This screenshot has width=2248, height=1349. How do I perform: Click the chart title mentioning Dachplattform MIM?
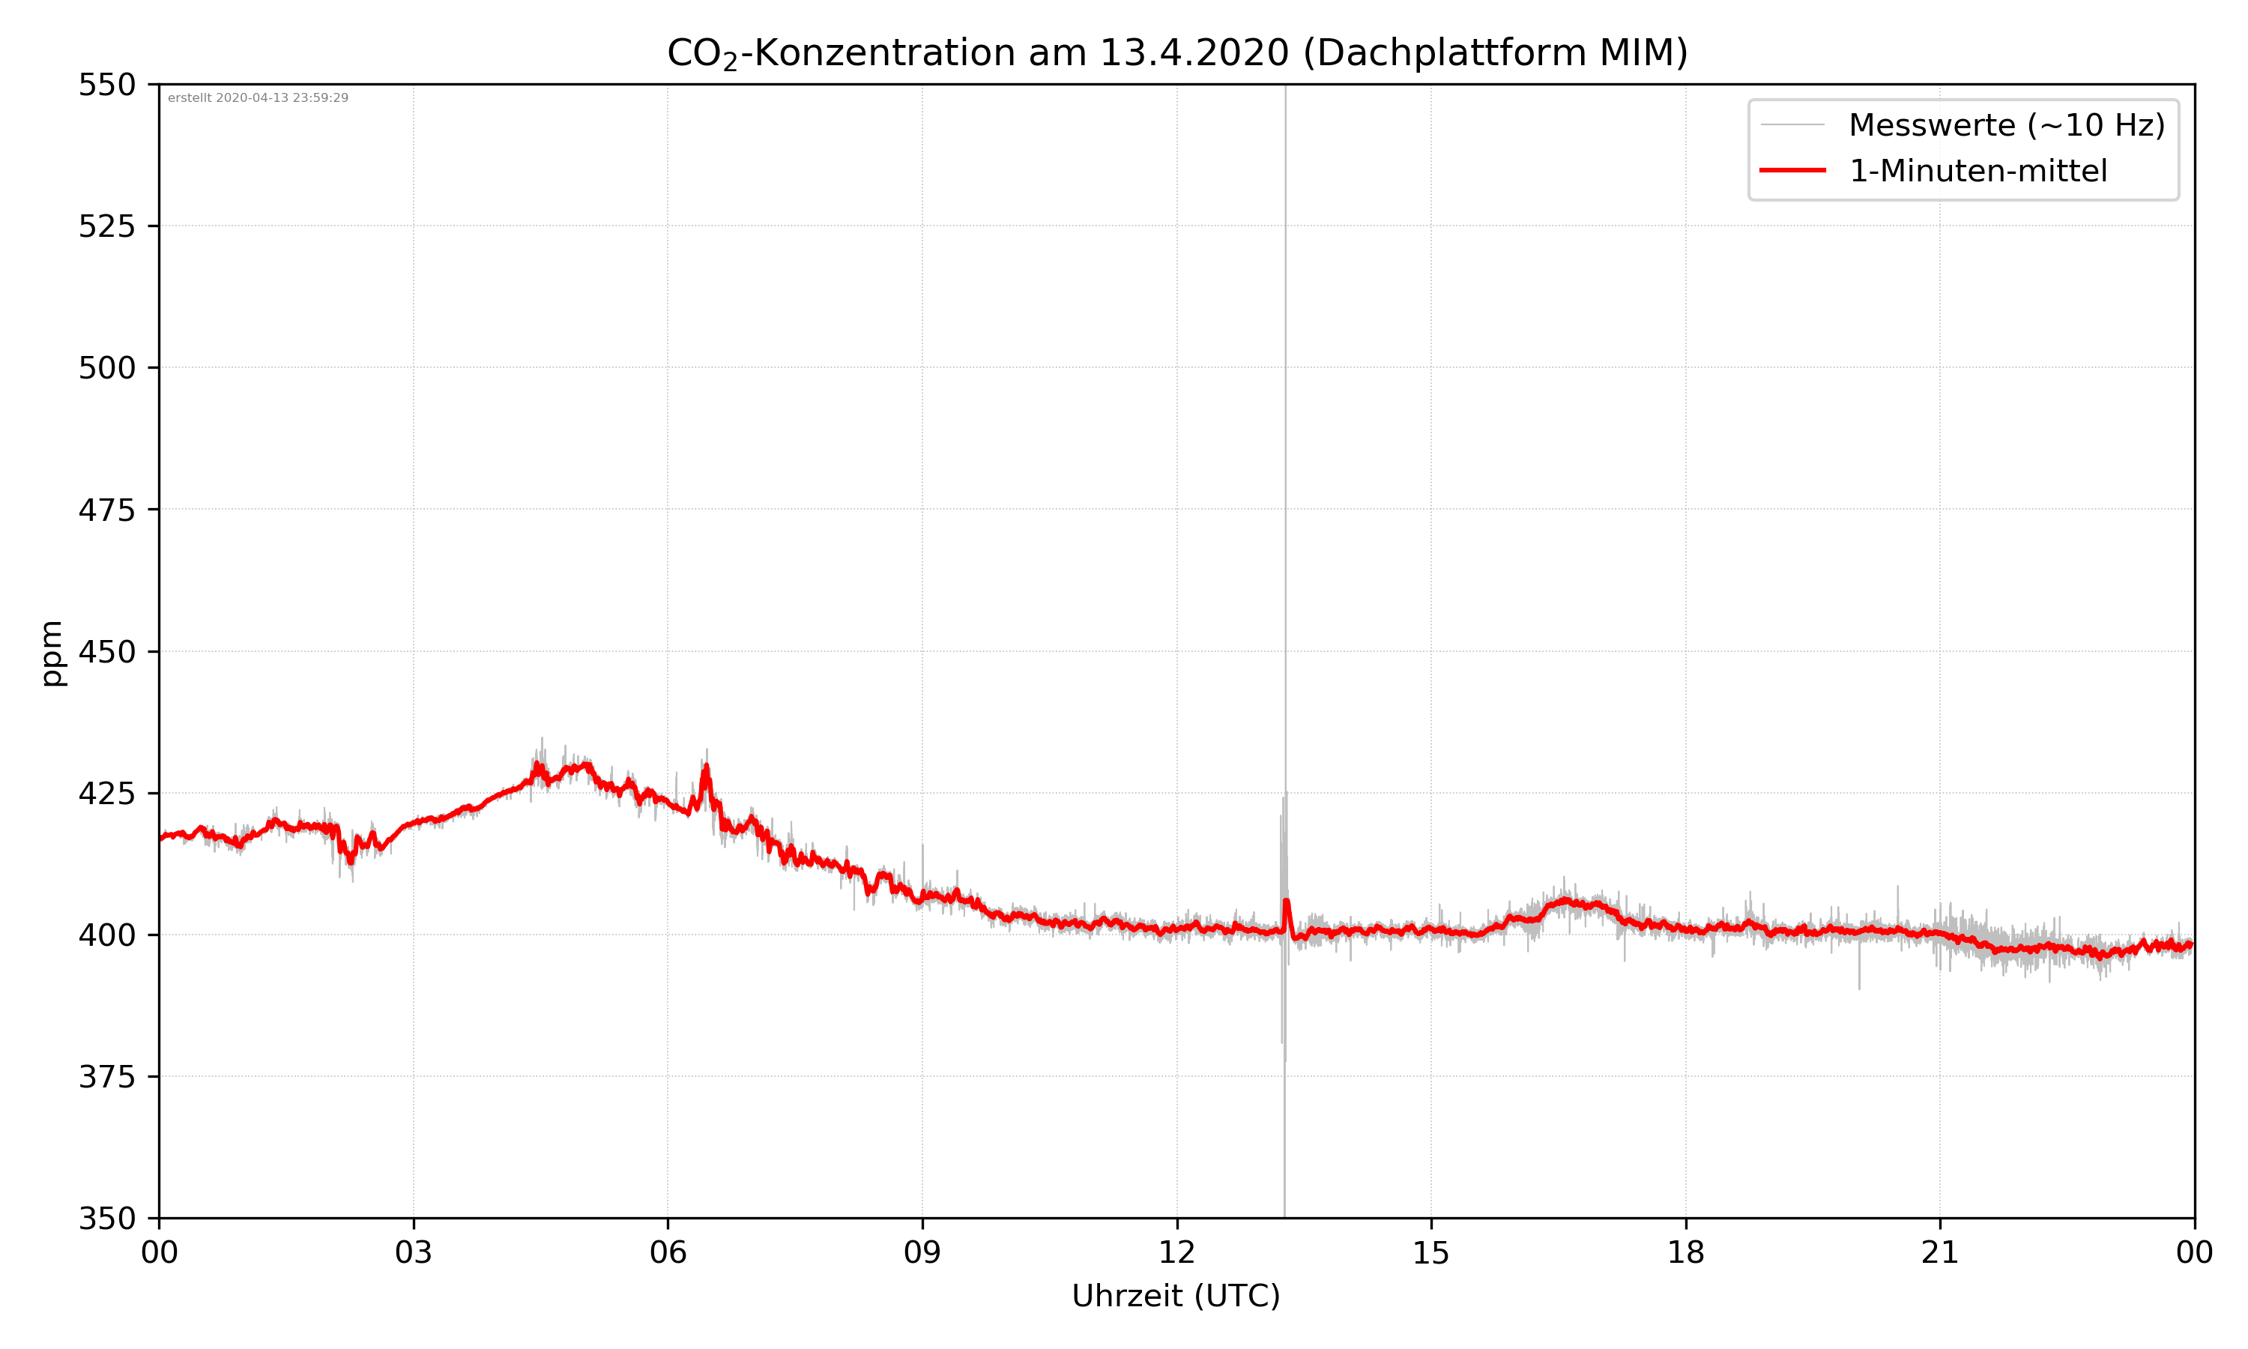tap(1176, 52)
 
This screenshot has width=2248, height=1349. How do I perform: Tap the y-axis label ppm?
tap(52, 653)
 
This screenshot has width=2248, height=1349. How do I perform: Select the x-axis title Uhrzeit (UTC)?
tap(1176, 1295)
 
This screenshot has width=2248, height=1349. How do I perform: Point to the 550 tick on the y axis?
tap(106, 85)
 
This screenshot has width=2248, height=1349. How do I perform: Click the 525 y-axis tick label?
tap(106, 226)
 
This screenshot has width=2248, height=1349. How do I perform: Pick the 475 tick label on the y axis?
tap(106, 510)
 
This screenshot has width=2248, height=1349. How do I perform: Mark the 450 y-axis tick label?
tap(106, 652)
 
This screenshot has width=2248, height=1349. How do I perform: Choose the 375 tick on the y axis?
tap(106, 1077)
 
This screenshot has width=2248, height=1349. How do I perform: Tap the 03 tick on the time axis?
tap(414, 1252)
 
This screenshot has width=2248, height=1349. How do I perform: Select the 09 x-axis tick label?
tap(922, 1252)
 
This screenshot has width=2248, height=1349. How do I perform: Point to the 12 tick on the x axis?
tap(1176, 1252)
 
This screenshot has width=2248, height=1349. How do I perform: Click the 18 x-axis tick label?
tap(1685, 1252)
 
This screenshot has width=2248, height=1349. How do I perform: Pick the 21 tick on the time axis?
tap(1940, 1252)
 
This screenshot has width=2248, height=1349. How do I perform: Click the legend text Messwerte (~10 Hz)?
tap(2006, 125)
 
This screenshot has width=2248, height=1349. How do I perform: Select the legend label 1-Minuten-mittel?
tap(1977, 171)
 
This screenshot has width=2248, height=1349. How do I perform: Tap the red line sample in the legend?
tap(1792, 170)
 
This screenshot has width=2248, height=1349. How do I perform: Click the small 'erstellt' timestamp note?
tap(258, 98)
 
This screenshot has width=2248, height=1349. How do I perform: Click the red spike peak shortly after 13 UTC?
tap(1286, 901)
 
